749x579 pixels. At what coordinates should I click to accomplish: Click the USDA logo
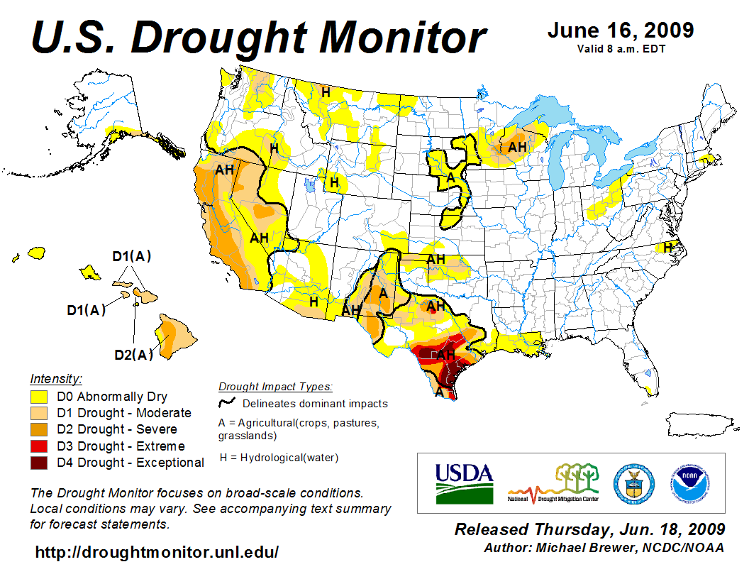(x=464, y=482)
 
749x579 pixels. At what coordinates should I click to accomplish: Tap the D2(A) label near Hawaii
(x=134, y=355)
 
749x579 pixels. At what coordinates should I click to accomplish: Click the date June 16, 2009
(x=620, y=31)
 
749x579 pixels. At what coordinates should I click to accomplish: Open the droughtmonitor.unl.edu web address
(x=157, y=552)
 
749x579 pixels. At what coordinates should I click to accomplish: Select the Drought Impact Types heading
(x=274, y=387)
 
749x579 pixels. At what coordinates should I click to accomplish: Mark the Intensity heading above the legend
(x=56, y=378)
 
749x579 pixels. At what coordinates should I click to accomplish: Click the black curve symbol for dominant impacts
(x=226, y=404)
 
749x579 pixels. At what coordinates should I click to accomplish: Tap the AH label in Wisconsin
(x=518, y=146)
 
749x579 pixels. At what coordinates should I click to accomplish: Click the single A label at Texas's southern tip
(x=440, y=392)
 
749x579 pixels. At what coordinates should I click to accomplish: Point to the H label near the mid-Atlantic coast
(x=667, y=247)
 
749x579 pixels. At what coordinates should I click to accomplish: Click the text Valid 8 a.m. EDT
(x=620, y=49)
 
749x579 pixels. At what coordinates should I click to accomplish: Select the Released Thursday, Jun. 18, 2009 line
(x=589, y=529)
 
